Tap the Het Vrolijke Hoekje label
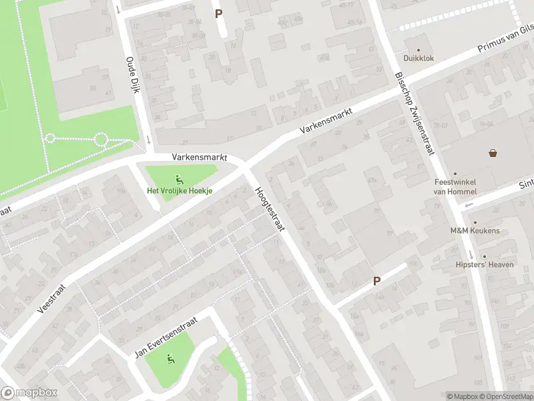click(x=180, y=190)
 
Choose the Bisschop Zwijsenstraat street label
click(x=414, y=114)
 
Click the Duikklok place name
click(x=419, y=58)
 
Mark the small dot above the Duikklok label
click(x=419, y=49)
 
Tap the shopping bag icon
click(x=493, y=153)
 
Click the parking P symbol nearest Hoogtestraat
click(x=376, y=281)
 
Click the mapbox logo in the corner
click(x=29, y=393)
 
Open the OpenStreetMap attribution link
click(x=505, y=396)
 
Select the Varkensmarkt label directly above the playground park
click(x=200, y=158)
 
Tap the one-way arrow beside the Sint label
click(x=470, y=205)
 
